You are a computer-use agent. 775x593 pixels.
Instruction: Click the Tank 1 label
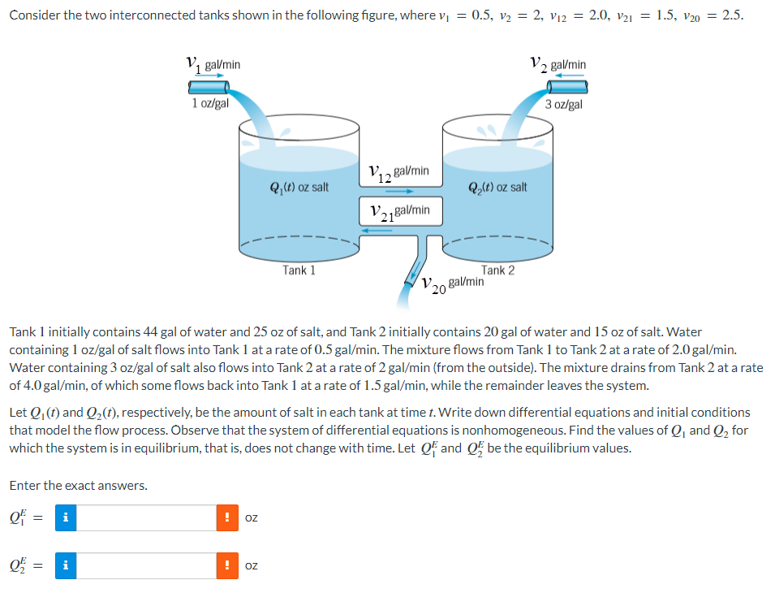[x=299, y=271]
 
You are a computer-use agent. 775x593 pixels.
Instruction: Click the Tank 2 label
[x=497, y=271]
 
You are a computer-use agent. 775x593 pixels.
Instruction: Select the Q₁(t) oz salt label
[x=299, y=187]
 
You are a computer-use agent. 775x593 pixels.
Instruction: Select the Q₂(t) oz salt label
[x=497, y=187]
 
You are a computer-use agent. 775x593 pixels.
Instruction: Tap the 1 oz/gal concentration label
[x=210, y=103]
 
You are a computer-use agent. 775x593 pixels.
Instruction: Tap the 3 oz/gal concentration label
[x=564, y=104]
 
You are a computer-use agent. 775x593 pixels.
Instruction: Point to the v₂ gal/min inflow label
[x=558, y=63]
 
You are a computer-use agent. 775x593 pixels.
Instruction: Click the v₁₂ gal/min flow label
[x=398, y=172]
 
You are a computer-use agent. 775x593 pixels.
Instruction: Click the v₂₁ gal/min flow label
[x=398, y=211]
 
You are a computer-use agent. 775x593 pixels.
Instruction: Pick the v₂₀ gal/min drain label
[x=453, y=284]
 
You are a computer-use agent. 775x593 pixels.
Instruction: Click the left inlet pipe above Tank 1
[x=208, y=86]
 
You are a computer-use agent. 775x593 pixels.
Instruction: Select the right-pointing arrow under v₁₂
[x=401, y=192]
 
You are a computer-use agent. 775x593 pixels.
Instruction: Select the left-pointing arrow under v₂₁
[x=377, y=230]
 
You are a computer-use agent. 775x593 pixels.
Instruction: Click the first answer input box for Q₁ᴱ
[x=147, y=518]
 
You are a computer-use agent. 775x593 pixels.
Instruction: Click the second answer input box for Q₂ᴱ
[x=147, y=565]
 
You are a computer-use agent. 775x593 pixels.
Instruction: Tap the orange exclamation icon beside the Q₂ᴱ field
[x=228, y=565]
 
